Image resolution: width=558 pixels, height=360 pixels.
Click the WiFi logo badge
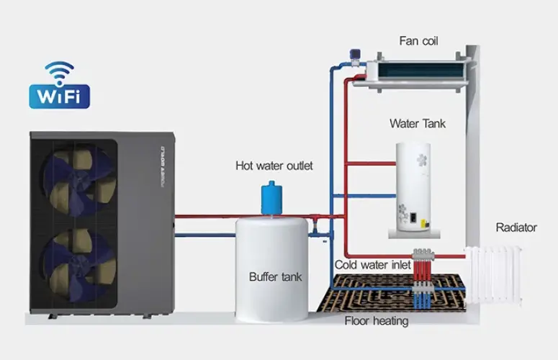point(60,86)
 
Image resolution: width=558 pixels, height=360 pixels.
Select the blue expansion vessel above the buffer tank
point(272,198)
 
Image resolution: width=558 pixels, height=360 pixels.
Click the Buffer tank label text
point(276,276)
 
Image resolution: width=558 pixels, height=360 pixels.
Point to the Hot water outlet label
point(274,166)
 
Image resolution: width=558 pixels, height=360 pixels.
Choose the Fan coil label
point(418,41)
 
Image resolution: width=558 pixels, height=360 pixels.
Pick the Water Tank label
point(418,124)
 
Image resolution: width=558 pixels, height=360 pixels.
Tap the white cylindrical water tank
point(413,187)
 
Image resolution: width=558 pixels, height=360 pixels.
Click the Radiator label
point(516,228)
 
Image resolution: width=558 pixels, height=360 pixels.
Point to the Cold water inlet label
point(372,265)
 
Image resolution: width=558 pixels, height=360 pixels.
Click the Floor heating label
point(377,321)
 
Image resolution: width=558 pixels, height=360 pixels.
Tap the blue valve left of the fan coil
point(355,57)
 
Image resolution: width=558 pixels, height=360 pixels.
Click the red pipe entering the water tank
point(371,163)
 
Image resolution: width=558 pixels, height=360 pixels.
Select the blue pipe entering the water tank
point(364,196)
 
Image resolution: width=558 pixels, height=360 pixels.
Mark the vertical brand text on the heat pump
point(163,167)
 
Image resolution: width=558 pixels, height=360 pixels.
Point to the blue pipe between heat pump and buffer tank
point(205,235)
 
